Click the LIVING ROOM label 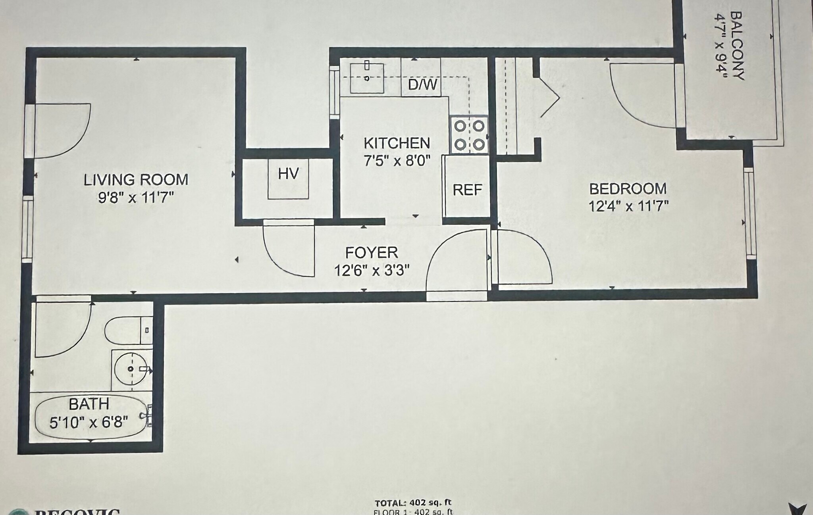coord(136,180)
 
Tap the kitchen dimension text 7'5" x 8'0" coord(397,161)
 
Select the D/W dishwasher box coord(422,84)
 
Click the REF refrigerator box coord(467,190)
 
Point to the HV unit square coord(288,178)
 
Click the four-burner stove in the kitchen coord(469,135)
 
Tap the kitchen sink coord(367,78)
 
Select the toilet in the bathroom coord(127,330)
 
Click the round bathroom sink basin coord(131,369)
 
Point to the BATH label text coord(89,404)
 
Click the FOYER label coord(371,253)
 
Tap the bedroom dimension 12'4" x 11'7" coord(628,206)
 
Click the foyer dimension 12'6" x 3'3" coord(371,271)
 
